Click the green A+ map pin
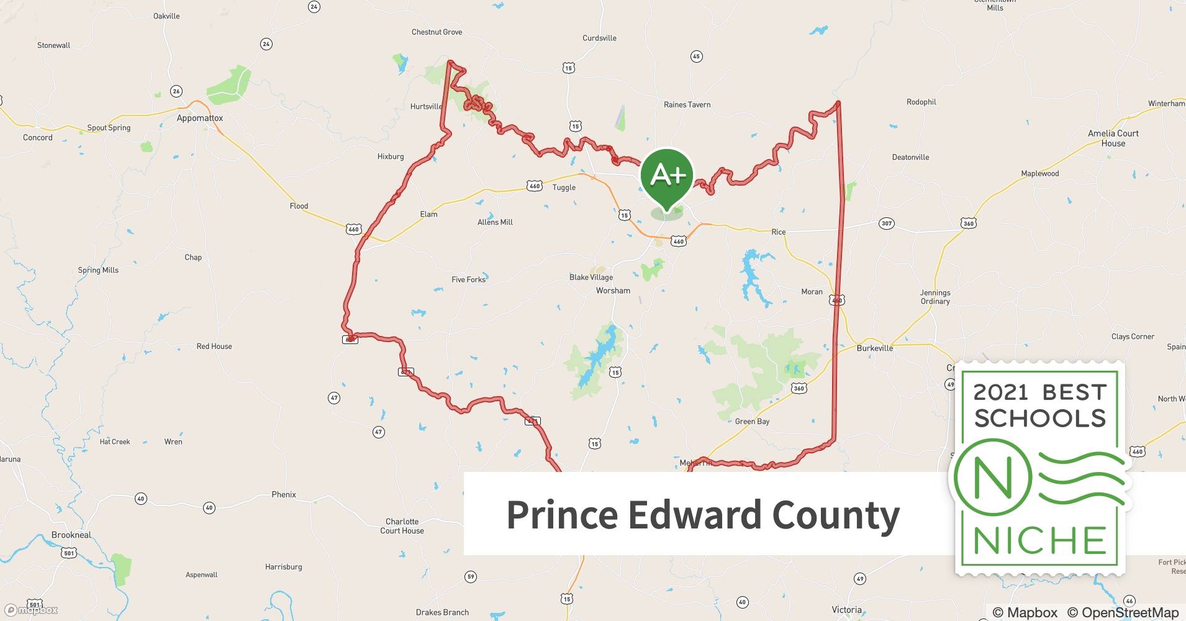tap(667, 178)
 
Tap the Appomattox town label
tap(199, 118)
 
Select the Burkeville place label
tap(874, 348)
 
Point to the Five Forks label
tap(468, 279)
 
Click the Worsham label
tap(613, 291)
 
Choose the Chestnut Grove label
tap(437, 32)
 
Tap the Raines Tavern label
tap(687, 105)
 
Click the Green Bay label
tap(752, 422)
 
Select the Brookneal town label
tap(71, 535)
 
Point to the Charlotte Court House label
tap(402, 526)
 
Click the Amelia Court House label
tap(1113, 138)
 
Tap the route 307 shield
tap(886, 224)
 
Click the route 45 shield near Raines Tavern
tap(696, 57)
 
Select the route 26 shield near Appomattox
tap(176, 91)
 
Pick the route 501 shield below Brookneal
tap(69, 553)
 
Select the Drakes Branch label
tap(442, 612)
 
